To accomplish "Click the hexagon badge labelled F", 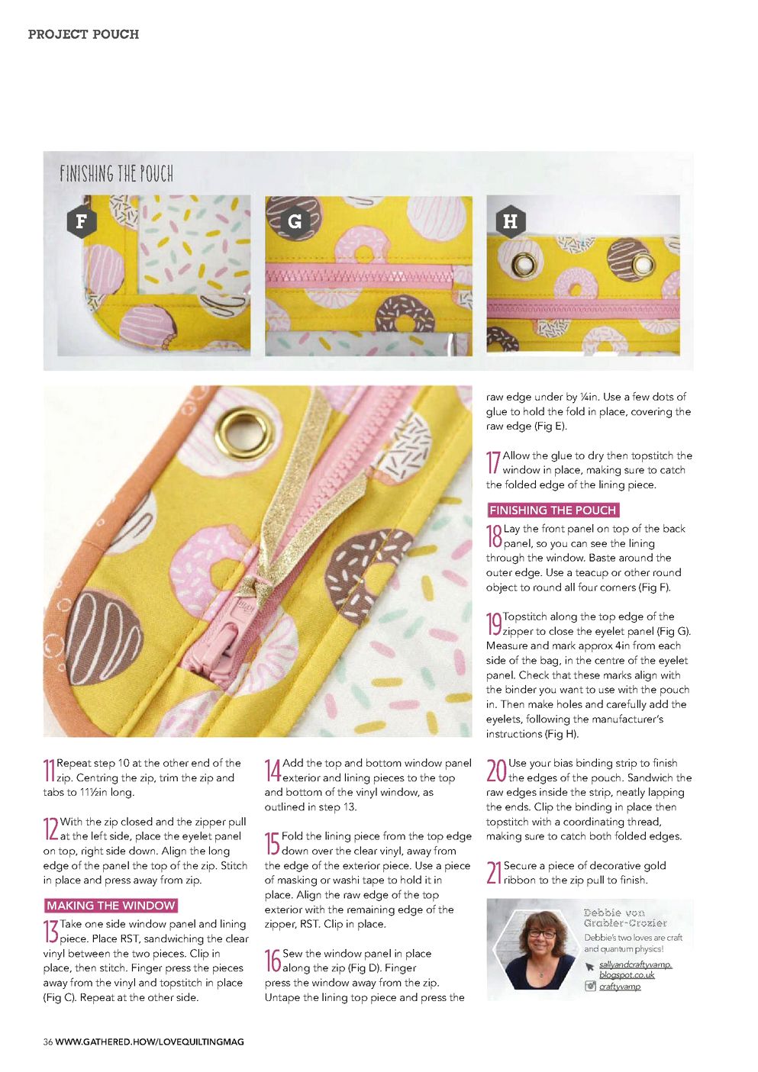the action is click(82, 221).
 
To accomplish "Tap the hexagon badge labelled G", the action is click(295, 221).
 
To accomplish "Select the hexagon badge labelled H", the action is click(511, 221).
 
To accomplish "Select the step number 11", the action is click(50, 771).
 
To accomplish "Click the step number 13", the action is click(50, 932).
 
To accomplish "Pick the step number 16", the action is click(273, 961).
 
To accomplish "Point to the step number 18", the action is click(494, 536).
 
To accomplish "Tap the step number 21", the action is click(494, 873).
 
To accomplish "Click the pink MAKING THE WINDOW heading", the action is click(111, 906).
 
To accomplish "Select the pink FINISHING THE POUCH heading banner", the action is click(553, 510).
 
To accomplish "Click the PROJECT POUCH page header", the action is click(84, 34).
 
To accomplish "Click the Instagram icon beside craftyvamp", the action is click(590, 986).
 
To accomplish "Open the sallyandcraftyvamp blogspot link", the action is click(635, 970).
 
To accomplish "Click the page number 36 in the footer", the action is click(48, 1041).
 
